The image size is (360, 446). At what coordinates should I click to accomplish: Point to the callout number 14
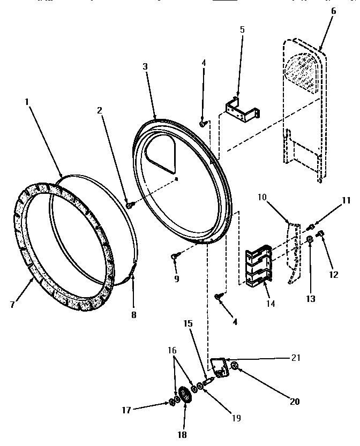coord(270,304)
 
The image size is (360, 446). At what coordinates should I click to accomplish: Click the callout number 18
coord(182,435)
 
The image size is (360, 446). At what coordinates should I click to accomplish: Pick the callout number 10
coord(262,198)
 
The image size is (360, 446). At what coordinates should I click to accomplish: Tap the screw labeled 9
coord(175,258)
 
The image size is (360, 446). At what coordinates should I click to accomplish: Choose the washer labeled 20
coord(235,367)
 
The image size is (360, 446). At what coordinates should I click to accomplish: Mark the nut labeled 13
coord(310,244)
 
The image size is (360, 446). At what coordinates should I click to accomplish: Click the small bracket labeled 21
coord(217,368)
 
